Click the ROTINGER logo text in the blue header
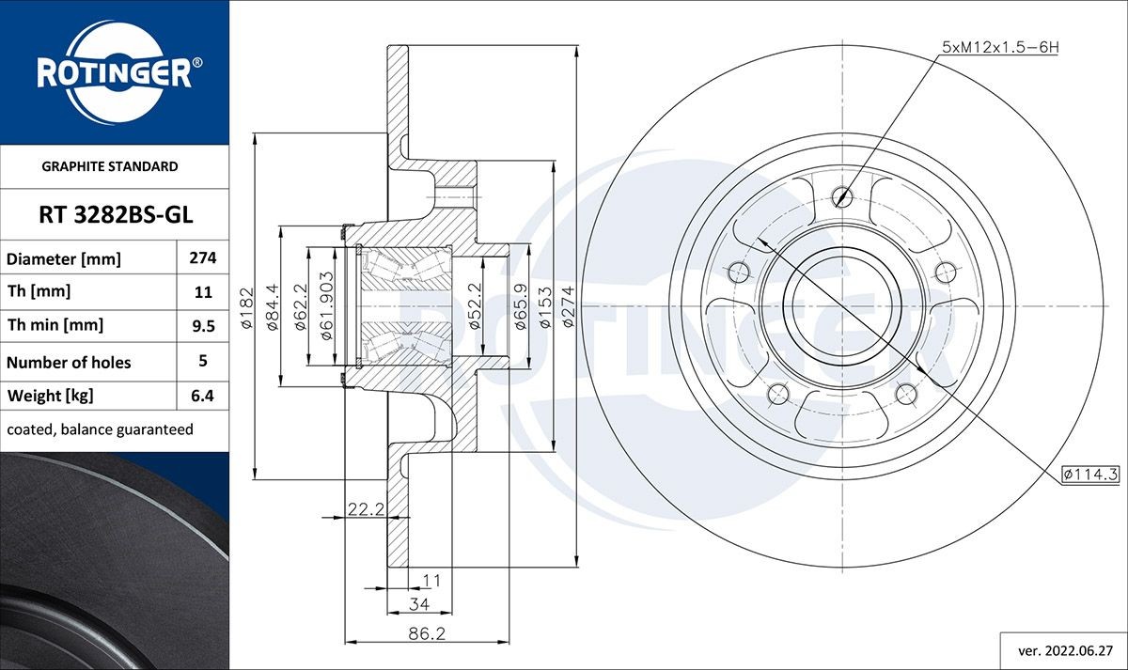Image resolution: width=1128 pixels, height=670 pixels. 114,73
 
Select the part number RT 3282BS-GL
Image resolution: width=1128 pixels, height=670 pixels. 115,215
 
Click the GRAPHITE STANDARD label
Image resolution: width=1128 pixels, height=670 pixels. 110,166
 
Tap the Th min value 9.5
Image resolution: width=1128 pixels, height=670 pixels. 203,326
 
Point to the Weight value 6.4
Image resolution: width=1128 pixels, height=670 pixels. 203,396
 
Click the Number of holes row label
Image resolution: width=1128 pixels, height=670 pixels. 69,362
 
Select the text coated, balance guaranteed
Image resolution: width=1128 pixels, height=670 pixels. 100,429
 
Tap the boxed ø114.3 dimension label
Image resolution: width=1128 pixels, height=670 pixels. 1090,475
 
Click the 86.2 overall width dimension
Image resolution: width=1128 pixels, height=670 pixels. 427,634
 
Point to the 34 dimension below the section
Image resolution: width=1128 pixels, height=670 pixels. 419,602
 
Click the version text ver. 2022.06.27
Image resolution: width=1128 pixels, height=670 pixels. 1067,649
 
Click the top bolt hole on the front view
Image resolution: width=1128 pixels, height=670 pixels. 841,197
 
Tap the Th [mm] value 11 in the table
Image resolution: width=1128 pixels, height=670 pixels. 203,292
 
